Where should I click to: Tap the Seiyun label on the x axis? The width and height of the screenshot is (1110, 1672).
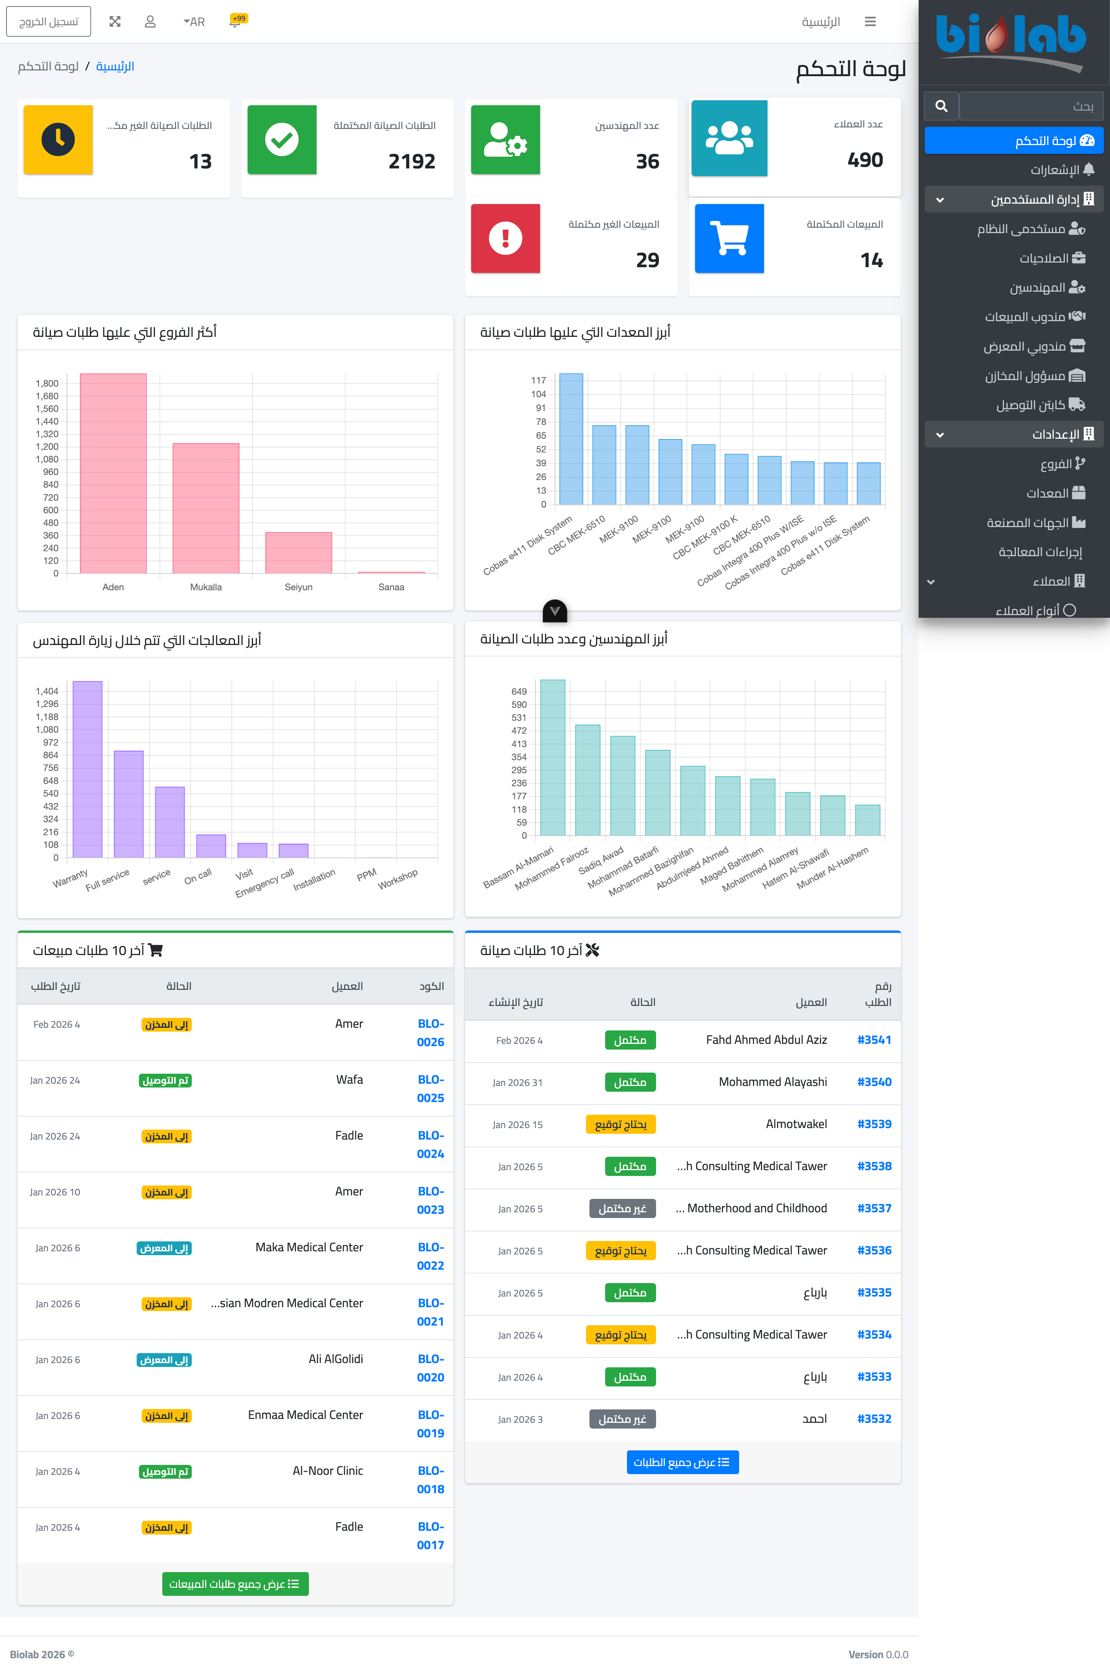click(298, 587)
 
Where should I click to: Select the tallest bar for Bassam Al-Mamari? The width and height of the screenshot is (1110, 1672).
click(552, 758)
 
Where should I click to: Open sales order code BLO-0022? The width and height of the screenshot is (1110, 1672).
click(430, 1256)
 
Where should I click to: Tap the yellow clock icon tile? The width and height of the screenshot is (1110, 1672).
click(58, 139)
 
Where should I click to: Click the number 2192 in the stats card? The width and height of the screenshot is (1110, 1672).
click(411, 162)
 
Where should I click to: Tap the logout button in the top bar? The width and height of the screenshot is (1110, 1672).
click(48, 21)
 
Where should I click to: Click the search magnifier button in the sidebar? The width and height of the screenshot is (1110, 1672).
click(941, 106)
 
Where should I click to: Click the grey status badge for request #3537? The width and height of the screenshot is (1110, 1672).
click(622, 1208)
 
